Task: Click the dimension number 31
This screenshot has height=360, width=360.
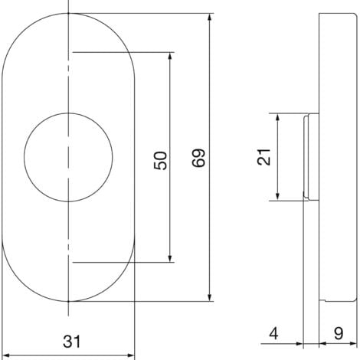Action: (72, 342)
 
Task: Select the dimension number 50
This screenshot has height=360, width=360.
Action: (160, 161)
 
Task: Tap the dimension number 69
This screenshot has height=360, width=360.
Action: (199, 158)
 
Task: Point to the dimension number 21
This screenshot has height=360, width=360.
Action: (263, 157)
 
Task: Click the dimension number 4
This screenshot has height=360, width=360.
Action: (273, 333)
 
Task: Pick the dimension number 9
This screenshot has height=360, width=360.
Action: (339, 333)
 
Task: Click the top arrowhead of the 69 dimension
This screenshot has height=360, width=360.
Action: (210, 18)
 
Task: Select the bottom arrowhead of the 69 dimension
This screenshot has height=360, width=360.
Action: (210, 297)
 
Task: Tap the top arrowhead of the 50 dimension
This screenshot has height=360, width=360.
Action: (170, 57)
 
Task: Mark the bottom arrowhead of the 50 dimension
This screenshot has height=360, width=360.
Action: (170, 258)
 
